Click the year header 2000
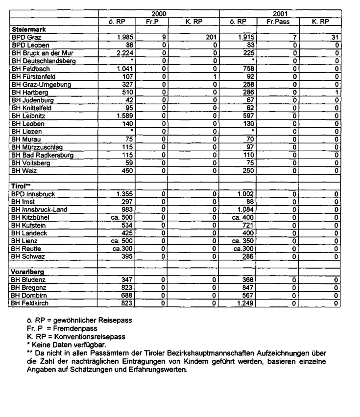pyautogui.click(x=158, y=15)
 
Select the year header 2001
pyautogui.click(x=280, y=15)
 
